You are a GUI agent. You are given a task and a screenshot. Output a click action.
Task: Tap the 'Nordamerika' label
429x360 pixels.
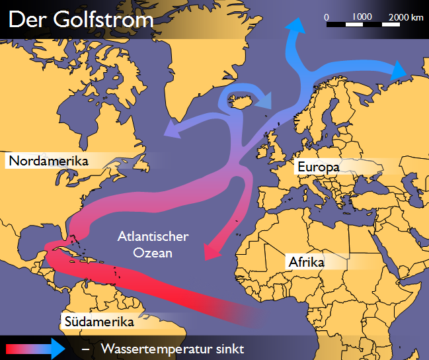tap(49, 161)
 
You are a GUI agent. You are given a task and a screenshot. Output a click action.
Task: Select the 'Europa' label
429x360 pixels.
tap(318, 167)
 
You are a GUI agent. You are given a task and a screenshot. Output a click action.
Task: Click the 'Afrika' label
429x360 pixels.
tap(307, 262)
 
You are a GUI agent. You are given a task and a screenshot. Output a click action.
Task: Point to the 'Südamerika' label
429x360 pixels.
tap(100, 322)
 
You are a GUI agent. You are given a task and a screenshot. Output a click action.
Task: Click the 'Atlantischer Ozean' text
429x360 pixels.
tap(153, 244)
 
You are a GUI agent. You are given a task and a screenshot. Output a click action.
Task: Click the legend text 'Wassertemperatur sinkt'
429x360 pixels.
tap(173, 348)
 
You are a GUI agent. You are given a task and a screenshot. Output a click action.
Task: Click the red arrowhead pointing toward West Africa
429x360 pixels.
tap(210, 251)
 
